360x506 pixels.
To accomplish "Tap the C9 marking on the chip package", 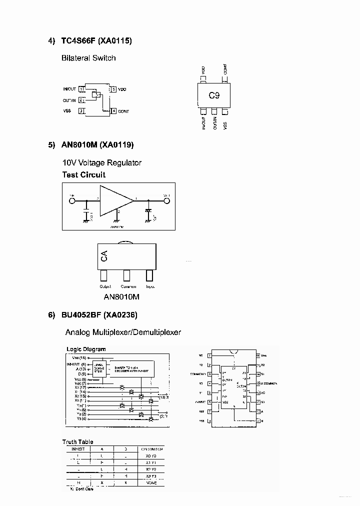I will (214, 95).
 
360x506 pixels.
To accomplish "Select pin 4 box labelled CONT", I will (114, 110).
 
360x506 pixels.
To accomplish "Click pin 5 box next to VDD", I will (114, 89).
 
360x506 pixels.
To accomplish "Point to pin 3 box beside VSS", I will (81, 110).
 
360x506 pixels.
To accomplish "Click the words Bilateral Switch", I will (88, 58).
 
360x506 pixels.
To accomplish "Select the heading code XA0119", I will (116, 145).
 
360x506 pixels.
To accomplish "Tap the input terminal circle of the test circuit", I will (72, 201).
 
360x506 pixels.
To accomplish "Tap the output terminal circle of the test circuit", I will (167, 201).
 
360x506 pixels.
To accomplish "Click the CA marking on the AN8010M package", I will (104, 256).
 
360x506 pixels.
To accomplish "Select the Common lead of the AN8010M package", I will (127, 275).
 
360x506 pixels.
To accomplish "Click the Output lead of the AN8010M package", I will (104, 275).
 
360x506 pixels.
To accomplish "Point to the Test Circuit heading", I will (83, 174).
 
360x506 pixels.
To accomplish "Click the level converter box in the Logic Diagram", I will (98, 367).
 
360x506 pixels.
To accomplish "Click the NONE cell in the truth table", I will (151, 482).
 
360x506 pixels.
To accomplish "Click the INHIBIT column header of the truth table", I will (78, 449).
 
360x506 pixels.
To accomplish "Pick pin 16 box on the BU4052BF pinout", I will (258, 355).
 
